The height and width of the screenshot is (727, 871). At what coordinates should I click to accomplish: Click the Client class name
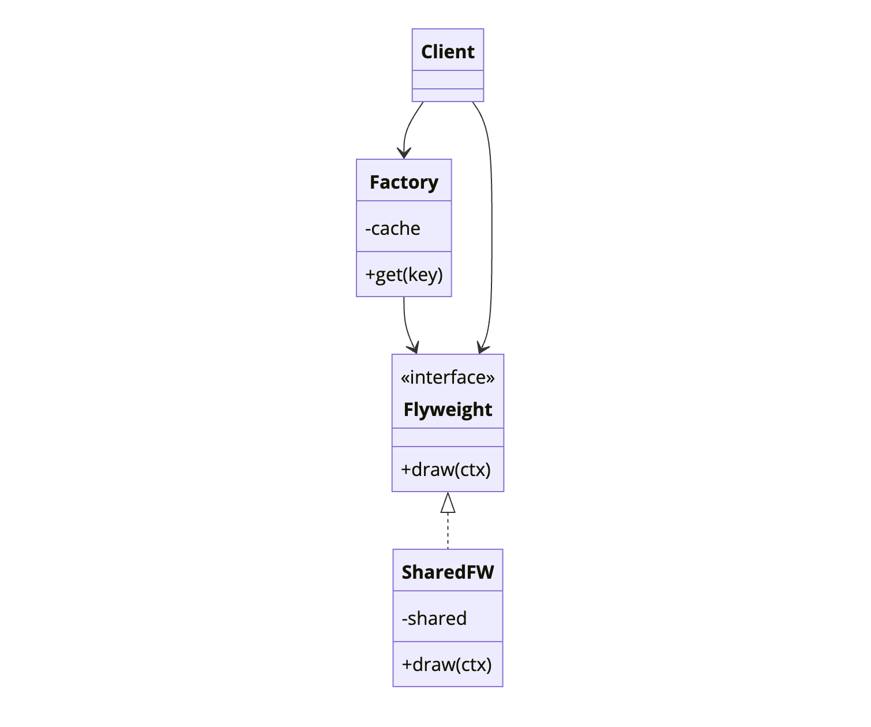[x=448, y=52]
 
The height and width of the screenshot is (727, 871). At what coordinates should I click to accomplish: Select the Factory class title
[x=404, y=182]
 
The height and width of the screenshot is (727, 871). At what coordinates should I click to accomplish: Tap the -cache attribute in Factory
[x=392, y=228]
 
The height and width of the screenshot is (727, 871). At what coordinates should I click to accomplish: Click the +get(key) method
[x=404, y=275]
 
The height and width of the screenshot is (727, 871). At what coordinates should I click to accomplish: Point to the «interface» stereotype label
[x=448, y=377]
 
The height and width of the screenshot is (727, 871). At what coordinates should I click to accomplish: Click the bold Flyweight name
[x=448, y=410]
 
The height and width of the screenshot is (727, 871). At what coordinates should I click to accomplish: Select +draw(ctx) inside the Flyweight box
[x=446, y=470]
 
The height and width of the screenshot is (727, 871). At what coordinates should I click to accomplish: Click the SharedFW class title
[x=448, y=572]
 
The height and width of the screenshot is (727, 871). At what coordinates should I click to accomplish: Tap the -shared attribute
[x=434, y=619]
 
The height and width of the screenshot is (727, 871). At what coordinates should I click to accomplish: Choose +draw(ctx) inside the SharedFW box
[x=447, y=665]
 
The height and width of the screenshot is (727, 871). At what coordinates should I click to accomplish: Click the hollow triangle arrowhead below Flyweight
[x=448, y=503]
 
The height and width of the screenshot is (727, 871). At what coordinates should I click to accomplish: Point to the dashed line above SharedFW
[x=448, y=531]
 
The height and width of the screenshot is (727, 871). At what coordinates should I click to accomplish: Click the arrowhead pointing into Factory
[x=404, y=153]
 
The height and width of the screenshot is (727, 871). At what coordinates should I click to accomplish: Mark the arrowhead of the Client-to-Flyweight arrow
[x=483, y=348]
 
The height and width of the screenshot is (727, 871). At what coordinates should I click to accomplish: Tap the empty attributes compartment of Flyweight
[x=448, y=437]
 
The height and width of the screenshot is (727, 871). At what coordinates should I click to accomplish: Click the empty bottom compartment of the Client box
[x=448, y=95]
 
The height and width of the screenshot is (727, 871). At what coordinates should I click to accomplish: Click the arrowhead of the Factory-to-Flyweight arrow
[x=413, y=348]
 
